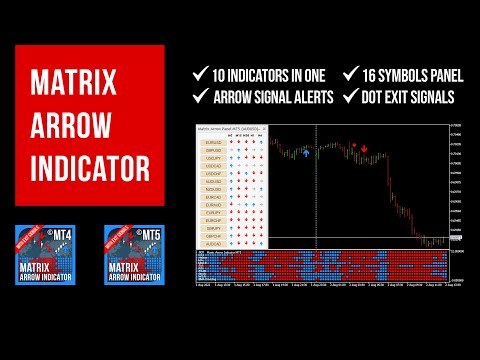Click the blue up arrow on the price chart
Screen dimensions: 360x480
tap(307, 156)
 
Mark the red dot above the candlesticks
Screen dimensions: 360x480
tap(352, 145)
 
